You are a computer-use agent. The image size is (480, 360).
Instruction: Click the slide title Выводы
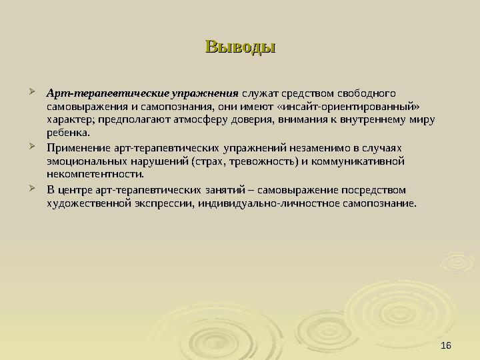[240, 47]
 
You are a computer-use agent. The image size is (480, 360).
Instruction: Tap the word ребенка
[67, 133]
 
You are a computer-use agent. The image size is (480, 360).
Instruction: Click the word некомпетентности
[95, 175]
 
